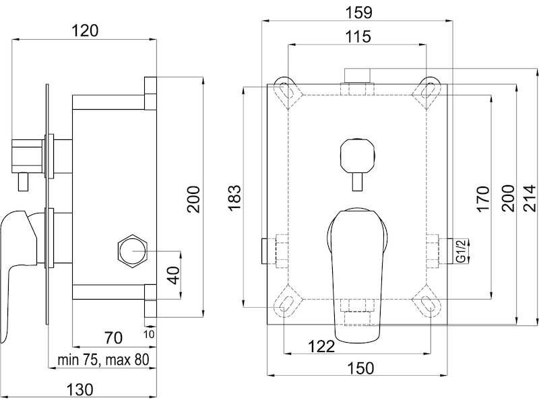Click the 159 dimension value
pyautogui.click(x=358, y=13)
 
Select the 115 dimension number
pyautogui.click(x=358, y=36)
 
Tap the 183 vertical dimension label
pyautogui.click(x=234, y=198)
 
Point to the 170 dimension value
pyautogui.click(x=482, y=199)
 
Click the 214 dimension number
pyautogui.click(x=530, y=198)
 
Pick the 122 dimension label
pyautogui.click(x=321, y=347)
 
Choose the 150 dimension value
pyautogui.click(x=360, y=368)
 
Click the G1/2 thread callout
pyautogui.click(x=462, y=251)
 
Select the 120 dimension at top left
pyautogui.click(x=85, y=30)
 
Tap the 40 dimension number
pyautogui.click(x=175, y=275)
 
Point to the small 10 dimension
pyautogui.click(x=149, y=334)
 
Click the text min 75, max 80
pyautogui.click(x=104, y=360)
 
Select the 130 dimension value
pyautogui.click(x=80, y=391)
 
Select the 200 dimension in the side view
pyautogui.click(x=193, y=199)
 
